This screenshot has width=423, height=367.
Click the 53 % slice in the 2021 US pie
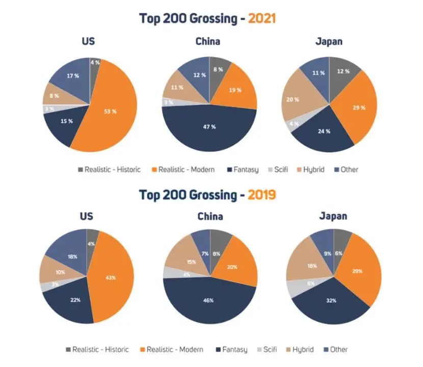pyautogui.click(x=113, y=111)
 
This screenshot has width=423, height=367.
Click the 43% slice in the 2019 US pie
pyautogui.click(x=111, y=278)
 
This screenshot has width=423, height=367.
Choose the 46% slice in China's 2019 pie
pyautogui.click(x=209, y=301)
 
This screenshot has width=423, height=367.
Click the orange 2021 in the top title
pyautogui.click(x=261, y=18)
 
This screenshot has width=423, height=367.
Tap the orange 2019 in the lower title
pyautogui.click(x=262, y=195)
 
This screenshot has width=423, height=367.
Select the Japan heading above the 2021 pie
pyautogui.click(x=329, y=41)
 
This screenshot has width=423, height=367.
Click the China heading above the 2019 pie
pyautogui.click(x=210, y=216)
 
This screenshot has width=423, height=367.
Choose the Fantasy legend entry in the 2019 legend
pyautogui.click(x=232, y=349)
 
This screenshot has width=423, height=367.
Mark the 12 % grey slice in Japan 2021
pyautogui.click(x=342, y=71)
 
